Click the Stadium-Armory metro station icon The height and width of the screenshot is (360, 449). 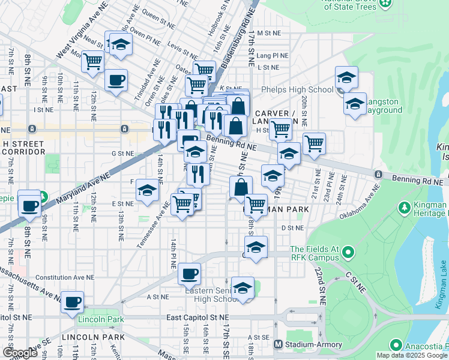tap(278, 344)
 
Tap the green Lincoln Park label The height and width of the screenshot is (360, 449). tap(101, 319)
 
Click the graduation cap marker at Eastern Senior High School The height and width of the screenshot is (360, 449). tap(243, 288)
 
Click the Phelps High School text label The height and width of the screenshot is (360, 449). tap(297, 90)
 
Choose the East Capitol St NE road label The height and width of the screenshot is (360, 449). tap(197, 316)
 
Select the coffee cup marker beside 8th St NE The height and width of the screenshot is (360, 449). tap(29, 205)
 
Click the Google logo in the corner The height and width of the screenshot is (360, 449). tap(20, 353)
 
